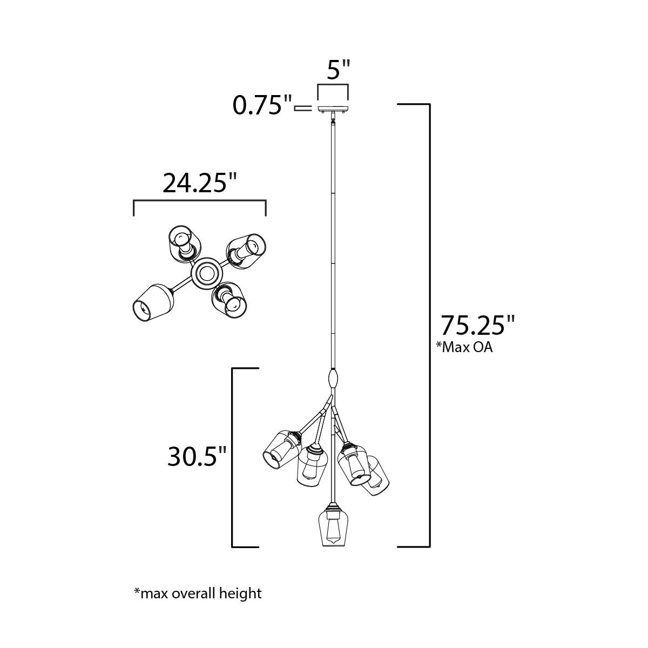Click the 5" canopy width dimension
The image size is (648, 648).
(339, 70)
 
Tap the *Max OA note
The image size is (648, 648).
(464, 348)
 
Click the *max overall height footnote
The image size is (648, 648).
(198, 593)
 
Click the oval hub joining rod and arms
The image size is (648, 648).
(333, 378)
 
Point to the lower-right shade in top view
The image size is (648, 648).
(230, 299)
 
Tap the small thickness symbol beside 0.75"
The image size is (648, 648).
(303, 109)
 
